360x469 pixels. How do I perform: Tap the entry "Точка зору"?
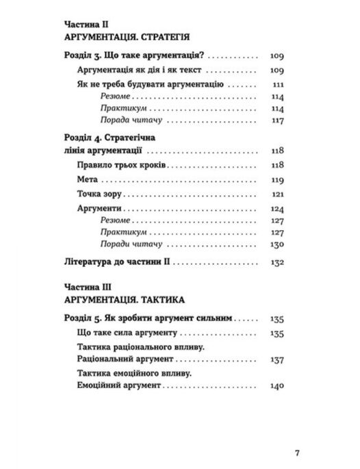coord(99,194)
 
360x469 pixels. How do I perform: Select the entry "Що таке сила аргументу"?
coord(129,333)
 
